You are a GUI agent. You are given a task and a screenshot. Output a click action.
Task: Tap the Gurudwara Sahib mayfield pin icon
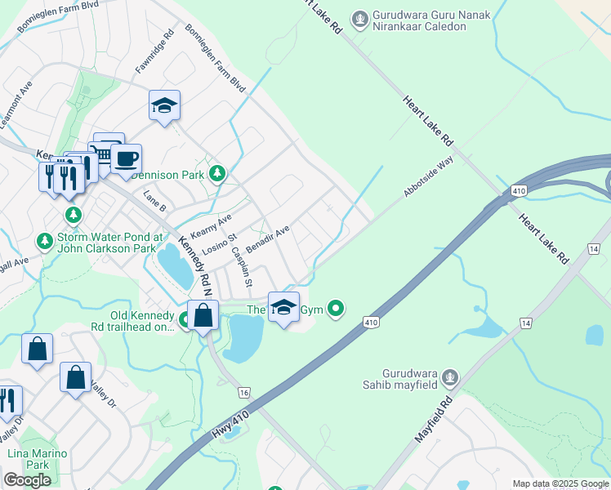448,378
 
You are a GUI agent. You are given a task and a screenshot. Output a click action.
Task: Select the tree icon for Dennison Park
216,173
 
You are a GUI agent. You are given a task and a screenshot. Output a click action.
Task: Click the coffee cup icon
126,158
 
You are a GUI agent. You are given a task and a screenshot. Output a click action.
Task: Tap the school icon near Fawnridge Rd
164,105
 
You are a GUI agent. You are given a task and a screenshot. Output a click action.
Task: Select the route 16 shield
243,394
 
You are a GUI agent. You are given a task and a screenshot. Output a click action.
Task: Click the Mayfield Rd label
434,421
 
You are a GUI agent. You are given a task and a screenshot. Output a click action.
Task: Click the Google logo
27,480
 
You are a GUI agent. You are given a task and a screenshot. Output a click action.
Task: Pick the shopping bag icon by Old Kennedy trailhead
203,314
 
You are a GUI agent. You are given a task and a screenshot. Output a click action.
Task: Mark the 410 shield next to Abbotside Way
518,191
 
